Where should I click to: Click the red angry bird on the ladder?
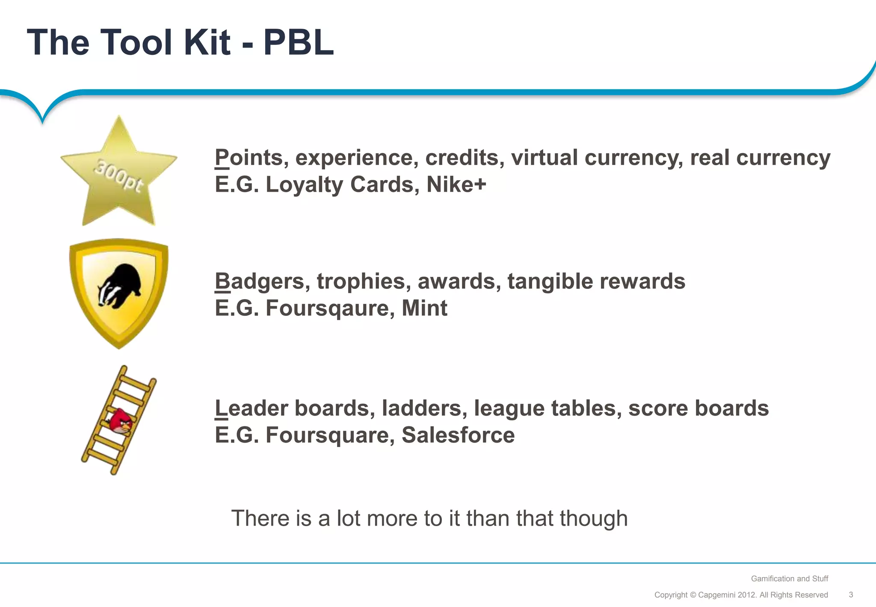pyautogui.click(x=121, y=421)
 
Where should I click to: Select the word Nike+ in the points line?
pyautogui.click(x=456, y=184)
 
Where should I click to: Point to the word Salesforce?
pyautogui.click(x=458, y=435)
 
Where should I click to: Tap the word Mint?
pyautogui.click(x=424, y=308)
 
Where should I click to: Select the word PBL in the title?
pyautogui.click(x=298, y=42)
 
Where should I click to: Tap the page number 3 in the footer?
pyautogui.click(x=851, y=595)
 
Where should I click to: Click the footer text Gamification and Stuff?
pyautogui.click(x=789, y=579)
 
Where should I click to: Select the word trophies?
pyautogui.click(x=361, y=282)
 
